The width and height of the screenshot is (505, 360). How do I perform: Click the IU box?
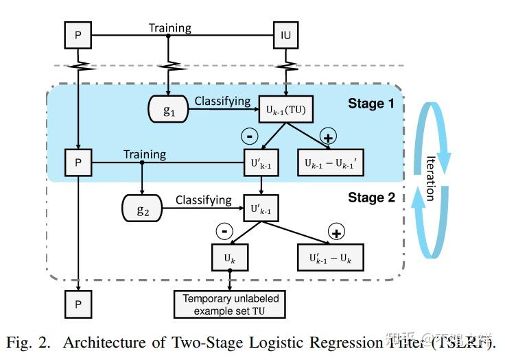click(285, 34)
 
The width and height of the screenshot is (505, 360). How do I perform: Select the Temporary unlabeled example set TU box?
click(231, 304)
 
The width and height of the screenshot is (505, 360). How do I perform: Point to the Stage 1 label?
click(371, 104)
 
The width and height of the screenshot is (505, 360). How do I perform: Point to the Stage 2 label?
click(371, 197)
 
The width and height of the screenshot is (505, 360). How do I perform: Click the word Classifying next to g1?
click(222, 101)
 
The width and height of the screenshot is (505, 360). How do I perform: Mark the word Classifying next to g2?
click(204, 200)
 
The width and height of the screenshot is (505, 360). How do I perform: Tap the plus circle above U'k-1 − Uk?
click(336, 231)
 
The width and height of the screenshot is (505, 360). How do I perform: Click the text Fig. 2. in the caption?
click(28, 341)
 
